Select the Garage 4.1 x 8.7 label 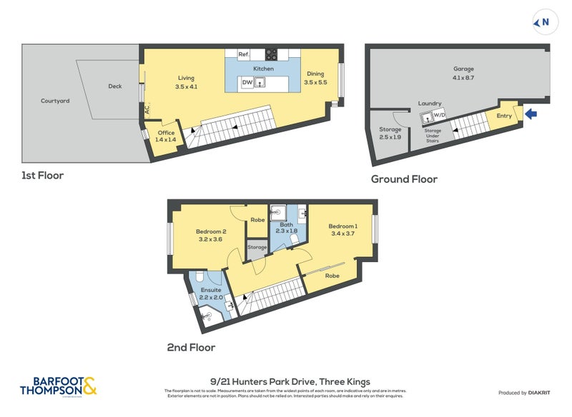463,73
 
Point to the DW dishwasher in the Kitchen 246,83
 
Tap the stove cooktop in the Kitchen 272,54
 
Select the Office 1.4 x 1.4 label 165,136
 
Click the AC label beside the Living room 147,110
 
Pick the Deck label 115,86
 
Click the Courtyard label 55,101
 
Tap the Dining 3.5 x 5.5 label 315,78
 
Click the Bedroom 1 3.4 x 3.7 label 342,229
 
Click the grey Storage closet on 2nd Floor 257,248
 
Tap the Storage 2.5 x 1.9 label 390,133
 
